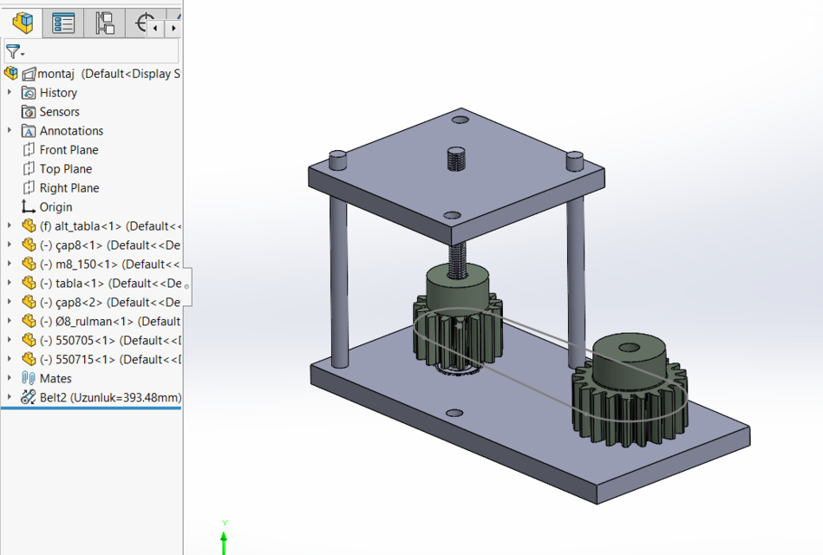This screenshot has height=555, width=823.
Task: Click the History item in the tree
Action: click(58, 93)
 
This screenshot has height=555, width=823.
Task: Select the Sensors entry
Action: click(59, 112)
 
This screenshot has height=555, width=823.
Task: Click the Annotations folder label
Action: click(71, 131)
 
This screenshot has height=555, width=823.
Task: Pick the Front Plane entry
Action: click(69, 150)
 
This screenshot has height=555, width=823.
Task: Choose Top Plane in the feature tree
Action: click(65, 169)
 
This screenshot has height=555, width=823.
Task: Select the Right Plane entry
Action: click(69, 188)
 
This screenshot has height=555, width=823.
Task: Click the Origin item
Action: click(56, 207)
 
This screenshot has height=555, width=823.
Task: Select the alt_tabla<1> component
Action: click(87, 226)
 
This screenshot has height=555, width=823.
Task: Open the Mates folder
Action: click(56, 379)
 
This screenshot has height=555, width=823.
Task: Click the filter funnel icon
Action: click(13, 52)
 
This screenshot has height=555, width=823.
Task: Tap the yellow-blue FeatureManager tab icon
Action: click(23, 23)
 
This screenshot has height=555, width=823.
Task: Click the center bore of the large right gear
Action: click(629, 349)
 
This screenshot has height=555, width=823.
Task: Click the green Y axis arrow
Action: click(224, 539)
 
